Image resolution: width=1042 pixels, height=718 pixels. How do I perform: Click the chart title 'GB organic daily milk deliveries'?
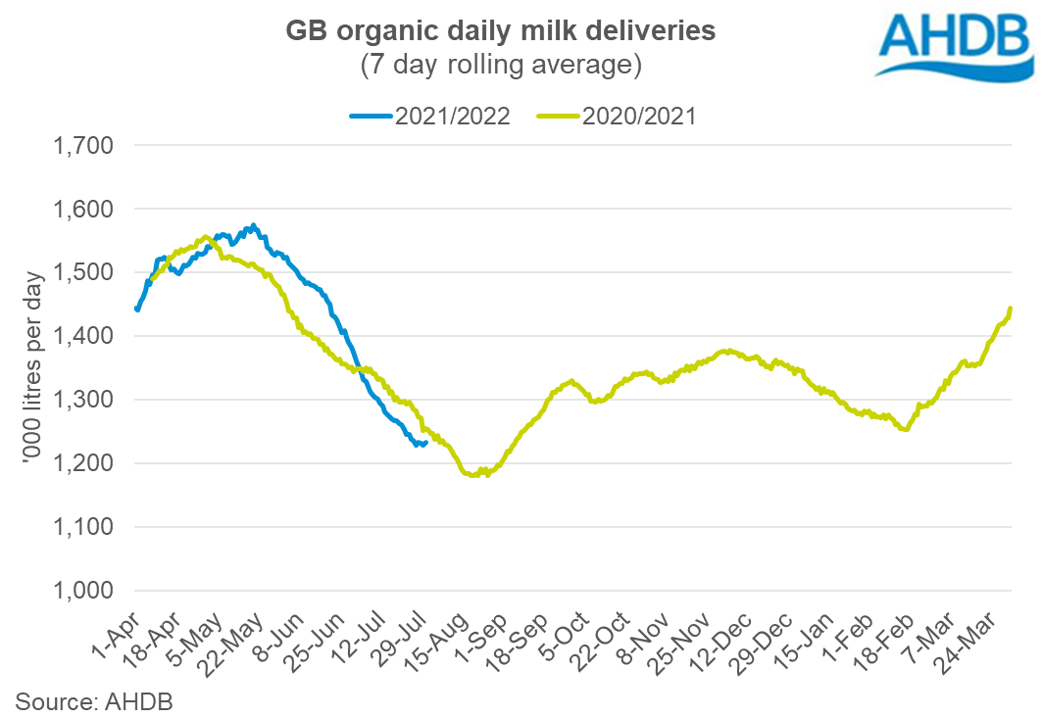[x=500, y=32]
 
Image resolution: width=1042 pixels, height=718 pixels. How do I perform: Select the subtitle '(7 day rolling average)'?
[x=500, y=66]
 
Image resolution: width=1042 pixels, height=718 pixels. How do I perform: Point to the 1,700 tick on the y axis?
[x=82, y=146]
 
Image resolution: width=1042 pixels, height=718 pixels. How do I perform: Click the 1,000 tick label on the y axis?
[x=82, y=591]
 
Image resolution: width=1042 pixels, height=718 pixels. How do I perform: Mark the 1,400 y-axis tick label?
[x=82, y=336]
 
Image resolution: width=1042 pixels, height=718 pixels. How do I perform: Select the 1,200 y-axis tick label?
[x=82, y=463]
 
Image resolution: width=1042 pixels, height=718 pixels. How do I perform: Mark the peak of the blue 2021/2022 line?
[x=254, y=226]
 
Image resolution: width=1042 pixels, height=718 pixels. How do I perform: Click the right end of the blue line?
[x=424, y=444]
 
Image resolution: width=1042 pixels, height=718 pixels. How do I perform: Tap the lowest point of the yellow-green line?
[x=474, y=475]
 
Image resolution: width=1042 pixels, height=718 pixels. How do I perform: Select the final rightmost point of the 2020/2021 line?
[x=1011, y=309]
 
